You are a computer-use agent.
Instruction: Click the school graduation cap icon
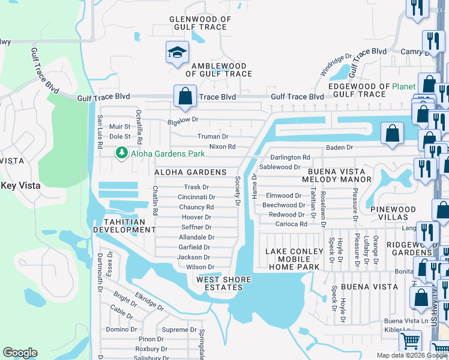pyautogui.click(x=177, y=52)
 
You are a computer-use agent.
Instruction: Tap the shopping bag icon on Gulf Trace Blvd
pyautogui.click(x=185, y=96)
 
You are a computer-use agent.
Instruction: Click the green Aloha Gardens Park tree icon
pyautogui.click(x=122, y=154)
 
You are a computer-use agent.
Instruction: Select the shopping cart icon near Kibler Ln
pyautogui.click(x=411, y=341)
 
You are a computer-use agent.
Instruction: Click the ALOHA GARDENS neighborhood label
pyautogui.click(x=190, y=172)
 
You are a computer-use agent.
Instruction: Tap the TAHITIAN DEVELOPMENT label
pyautogui.click(x=119, y=226)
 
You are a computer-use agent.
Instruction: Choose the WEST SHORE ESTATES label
pyautogui.click(x=219, y=283)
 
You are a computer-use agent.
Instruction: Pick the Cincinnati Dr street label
pyautogui.click(x=196, y=197)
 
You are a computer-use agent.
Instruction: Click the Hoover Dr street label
pyautogui.click(x=196, y=217)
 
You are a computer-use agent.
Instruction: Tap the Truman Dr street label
pyautogui.click(x=212, y=137)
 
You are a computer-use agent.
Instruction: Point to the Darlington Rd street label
pyautogui.click(x=290, y=157)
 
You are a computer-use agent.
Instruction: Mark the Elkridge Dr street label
pyautogui.click(x=149, y=302)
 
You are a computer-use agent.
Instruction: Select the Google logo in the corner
pyautogui.click(x=20, y=353)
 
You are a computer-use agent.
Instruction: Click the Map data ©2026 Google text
pyautogui.click(x=411, y=355)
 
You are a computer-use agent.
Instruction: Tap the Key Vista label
pyautogui.click(x=20, y=186)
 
